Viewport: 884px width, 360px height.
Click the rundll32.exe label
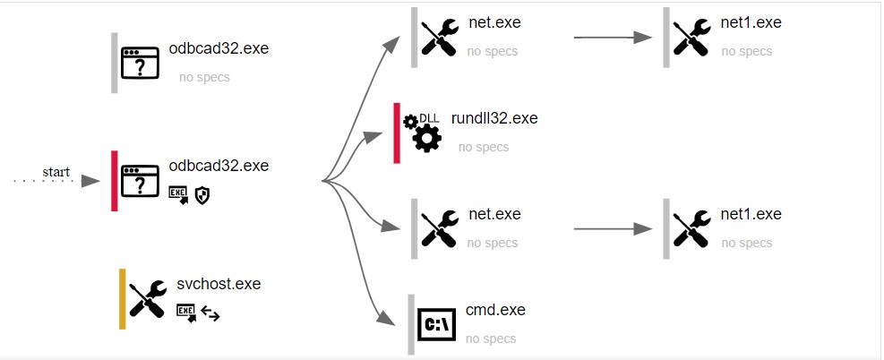pyautogui.click(x=494, y=118)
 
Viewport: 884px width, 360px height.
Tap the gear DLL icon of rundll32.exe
pyautogui.click(x=421, y=132)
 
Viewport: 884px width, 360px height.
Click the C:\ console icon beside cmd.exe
pyautogui.click(x=437, y=323)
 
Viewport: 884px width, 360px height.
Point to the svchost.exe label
pyautogui.click(x=219, y=284)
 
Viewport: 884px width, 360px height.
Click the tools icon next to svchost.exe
pyautogui.click(x=148, y=299)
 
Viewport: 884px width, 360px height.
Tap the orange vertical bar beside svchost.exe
pyautogui.click(x=123, y=298)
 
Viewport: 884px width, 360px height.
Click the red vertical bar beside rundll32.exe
pyautogui.click(x=397, y=133)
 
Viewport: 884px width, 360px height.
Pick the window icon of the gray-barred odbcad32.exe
pyautogui.click(x=140, y=64)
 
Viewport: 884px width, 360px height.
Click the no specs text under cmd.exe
pyautogui.click(x=491, y=339)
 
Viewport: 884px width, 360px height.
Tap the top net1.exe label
pyautogui.click(x=751, y=22)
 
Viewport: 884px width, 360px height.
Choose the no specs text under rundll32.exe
pyautogui.click(x=484, y=147)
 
